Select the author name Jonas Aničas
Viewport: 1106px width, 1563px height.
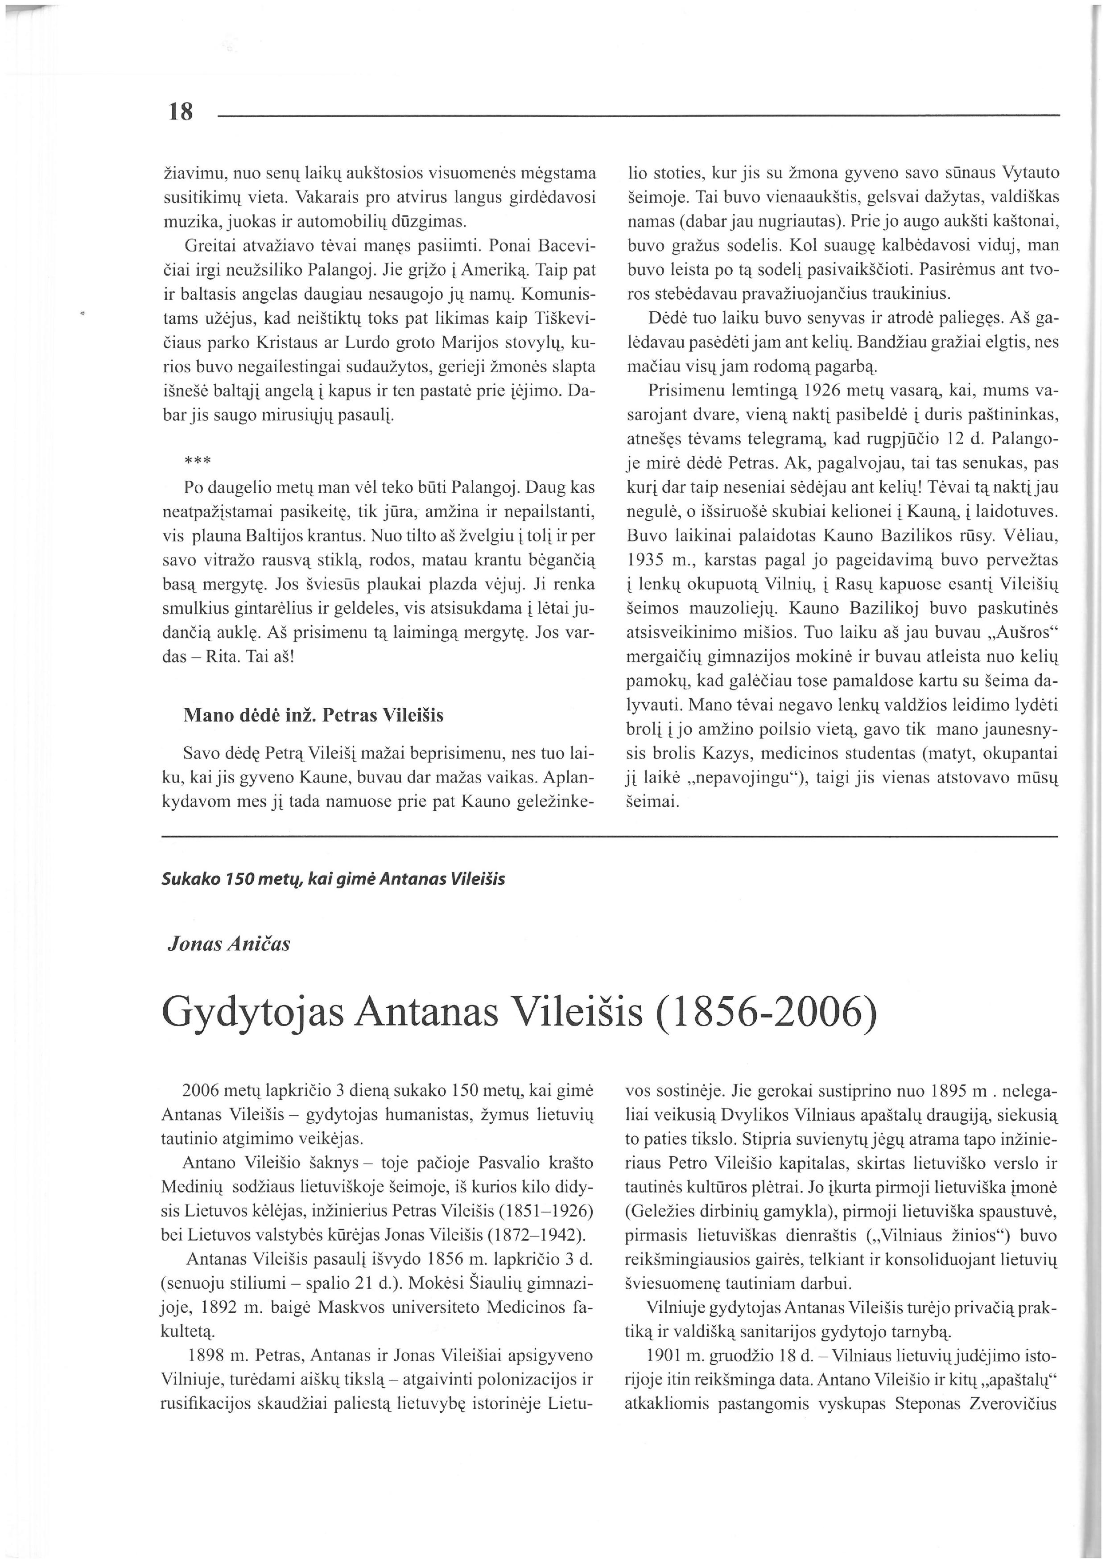tap(229, 944)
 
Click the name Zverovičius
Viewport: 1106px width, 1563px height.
tap(1015, 1404)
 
